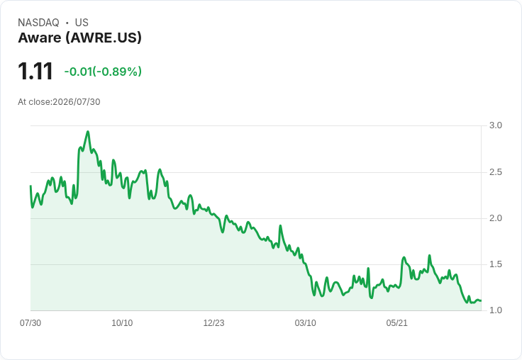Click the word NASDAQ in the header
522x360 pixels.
coord(38,23)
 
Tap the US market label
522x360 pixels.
coord(82,23)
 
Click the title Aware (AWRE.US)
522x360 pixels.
coord(80,38)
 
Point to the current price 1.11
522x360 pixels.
coord(35,71)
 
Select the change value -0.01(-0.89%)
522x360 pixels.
coord(103,72)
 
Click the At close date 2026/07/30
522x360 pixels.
coord(77,102)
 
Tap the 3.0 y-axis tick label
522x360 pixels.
coord(495,125)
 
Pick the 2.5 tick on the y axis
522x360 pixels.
coord(495,172)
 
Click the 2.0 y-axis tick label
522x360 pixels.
coord(495,218)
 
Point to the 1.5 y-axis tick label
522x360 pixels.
coord(495,264)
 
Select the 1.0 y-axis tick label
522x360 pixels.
coord(495,310)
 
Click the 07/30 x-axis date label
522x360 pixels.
coord(30,323)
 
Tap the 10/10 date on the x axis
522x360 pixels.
coord(122,323)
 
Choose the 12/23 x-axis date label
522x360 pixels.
coord(213,323)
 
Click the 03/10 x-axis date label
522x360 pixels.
coord(305,323)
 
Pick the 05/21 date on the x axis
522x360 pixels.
coord(397,323)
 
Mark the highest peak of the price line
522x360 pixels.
coord(88,131)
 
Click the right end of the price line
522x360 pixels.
coord(481,300)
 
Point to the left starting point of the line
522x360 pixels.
coord(30,186)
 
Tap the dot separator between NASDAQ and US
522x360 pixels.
coord(67,23)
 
